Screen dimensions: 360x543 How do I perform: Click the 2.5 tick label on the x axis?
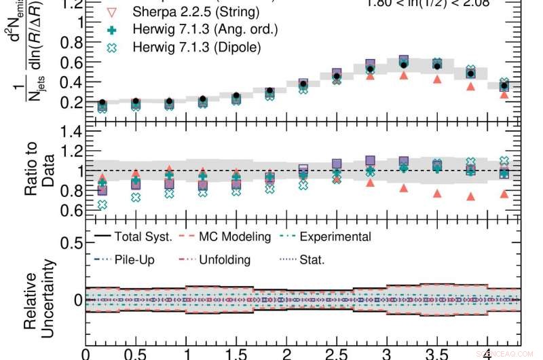click(336, 353)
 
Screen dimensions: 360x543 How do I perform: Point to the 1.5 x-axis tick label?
click(236, 353)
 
